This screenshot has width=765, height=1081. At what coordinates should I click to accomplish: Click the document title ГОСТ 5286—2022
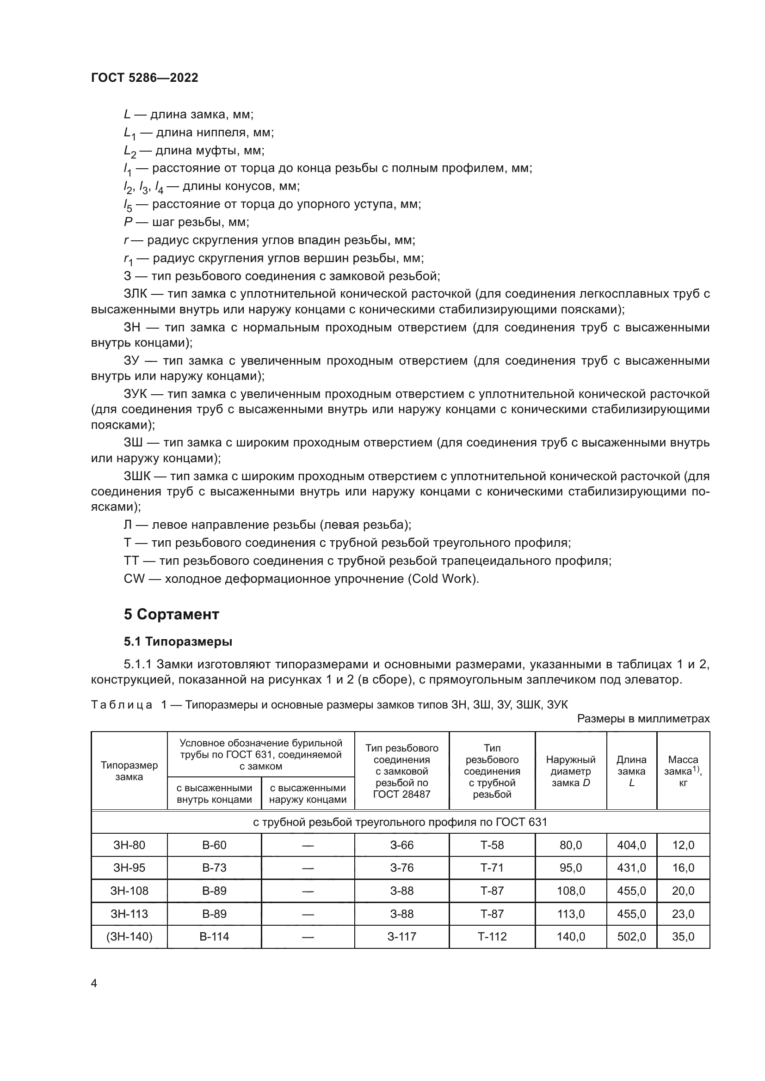point(145,78)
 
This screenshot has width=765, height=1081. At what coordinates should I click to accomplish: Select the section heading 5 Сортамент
point(172,614)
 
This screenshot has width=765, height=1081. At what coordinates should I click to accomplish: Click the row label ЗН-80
point(129,845)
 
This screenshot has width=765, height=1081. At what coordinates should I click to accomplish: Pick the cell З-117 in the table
point(401,936)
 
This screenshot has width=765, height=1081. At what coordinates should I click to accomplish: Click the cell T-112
point(492,936)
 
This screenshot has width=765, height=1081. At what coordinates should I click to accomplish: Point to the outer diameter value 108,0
point(570,890)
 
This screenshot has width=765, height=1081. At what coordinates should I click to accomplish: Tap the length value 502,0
point(631,936)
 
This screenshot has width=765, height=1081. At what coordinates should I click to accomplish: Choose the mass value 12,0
point(683,845)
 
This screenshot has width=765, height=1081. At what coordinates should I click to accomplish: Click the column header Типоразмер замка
point(129,771)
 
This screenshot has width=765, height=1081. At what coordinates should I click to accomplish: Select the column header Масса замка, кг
point(683,771)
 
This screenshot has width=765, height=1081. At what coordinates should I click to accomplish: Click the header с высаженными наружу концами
point(308,794)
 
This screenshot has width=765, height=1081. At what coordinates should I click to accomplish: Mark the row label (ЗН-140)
point(129,936)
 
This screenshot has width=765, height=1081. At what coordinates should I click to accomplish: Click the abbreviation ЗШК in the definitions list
point(137,476)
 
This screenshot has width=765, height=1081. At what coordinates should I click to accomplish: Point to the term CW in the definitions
point(134,578)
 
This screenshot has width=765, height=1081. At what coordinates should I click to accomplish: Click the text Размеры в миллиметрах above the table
point(643,719)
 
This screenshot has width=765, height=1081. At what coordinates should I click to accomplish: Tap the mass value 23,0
point(683,913)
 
